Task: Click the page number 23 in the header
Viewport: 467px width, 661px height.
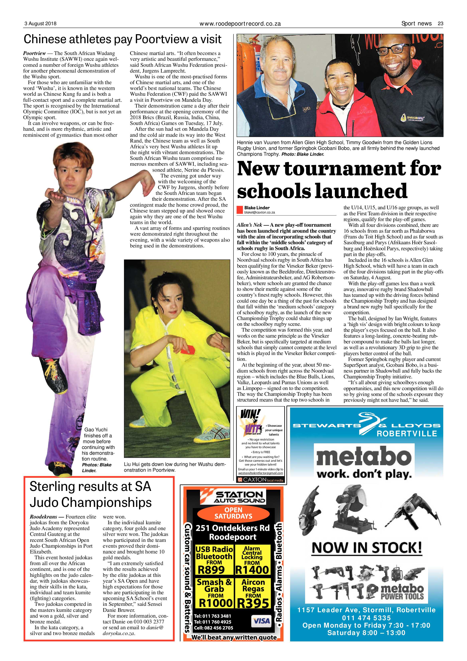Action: click(x=440, y=24)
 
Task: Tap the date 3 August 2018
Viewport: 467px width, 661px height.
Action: click(x=40, y=24)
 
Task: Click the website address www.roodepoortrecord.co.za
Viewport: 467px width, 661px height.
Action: click(x=240, y=24)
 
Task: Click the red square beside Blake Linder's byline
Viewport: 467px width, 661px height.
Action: click(x=240, y=210)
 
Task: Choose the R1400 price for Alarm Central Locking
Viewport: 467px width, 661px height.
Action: click(x=252, y=570)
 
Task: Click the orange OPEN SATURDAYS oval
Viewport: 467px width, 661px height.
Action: click(x=233, y=513)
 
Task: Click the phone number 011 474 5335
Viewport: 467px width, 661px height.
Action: click(x=366, y=618)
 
